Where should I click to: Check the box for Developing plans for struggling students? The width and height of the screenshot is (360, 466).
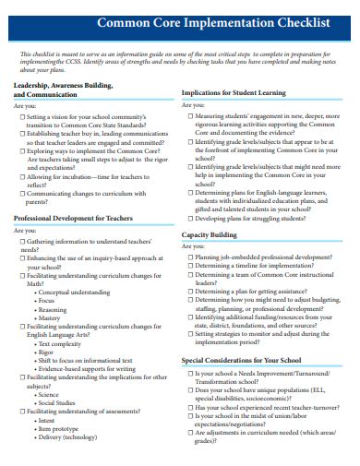pyautogui.click(x=191, y=219)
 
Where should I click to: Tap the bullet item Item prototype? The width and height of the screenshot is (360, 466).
pyautogui.click(x=58, y=428)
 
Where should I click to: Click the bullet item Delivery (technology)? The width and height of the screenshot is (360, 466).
pyautogui.click(x=66, y=436)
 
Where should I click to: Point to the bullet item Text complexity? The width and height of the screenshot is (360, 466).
pyautogui.click(x=61, y=342)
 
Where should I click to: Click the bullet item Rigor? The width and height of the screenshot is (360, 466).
pyautogui.click(x=47, y=352)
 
